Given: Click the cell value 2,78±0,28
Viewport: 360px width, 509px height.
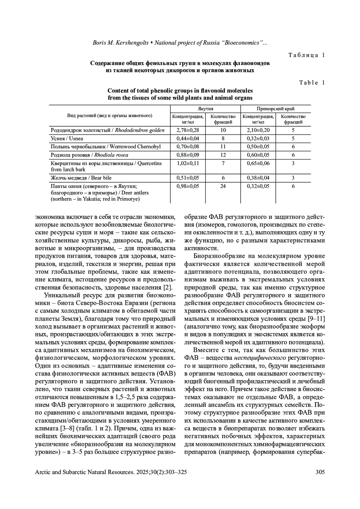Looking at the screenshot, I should point(188,130).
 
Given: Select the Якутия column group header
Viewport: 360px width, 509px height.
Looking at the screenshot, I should point(205,109).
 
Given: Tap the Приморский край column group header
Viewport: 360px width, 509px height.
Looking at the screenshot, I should point(275,109).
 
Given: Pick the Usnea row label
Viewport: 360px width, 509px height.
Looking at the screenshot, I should point(67,138).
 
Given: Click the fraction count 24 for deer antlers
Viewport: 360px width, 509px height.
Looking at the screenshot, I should point(223,186).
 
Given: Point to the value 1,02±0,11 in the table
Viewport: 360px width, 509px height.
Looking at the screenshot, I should point(188,163).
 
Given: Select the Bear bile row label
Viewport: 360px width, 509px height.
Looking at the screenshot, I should point(81,178).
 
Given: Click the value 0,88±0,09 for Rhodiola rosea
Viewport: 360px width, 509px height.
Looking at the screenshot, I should point(188,155).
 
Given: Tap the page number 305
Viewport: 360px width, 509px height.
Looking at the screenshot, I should point(320,472).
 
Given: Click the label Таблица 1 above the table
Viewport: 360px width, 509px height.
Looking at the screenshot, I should point(307,55).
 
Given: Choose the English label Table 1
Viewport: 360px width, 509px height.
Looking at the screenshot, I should point(312,83).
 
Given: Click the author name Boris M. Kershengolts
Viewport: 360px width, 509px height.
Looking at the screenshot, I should point(121,43).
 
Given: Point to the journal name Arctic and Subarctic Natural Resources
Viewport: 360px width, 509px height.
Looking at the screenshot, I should point(85,472).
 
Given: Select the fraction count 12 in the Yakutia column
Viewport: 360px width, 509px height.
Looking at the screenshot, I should point(223,155).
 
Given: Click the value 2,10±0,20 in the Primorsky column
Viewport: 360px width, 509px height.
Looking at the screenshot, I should point(258,130).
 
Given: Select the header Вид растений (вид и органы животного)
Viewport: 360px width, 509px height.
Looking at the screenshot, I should point(109,115).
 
